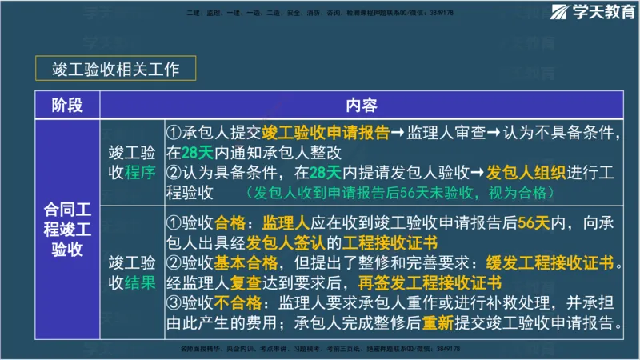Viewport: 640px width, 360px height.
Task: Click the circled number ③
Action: click(x=174, y=303)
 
